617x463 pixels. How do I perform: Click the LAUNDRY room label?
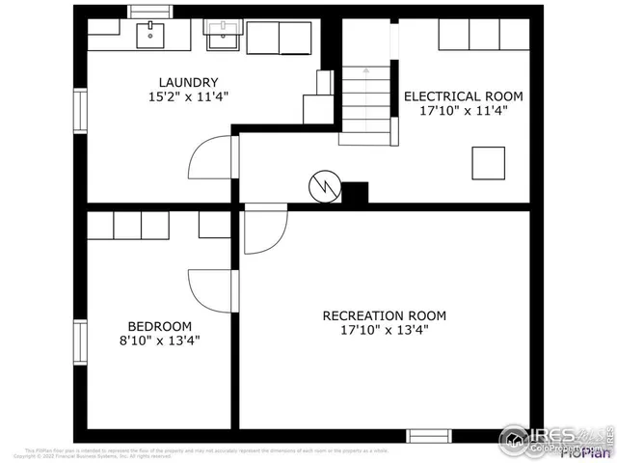(189, 82)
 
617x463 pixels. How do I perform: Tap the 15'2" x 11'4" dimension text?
(189, 96)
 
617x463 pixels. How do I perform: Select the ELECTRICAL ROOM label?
(463, 95)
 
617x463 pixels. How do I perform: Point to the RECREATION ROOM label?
(384, 315)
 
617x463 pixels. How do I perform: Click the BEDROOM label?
(159, 326)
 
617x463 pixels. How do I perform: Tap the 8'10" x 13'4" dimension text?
(159, 340)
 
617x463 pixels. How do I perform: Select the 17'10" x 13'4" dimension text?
(384, 330)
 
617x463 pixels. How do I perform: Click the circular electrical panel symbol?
(323, 186)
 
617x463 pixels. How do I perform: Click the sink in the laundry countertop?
(150, 35)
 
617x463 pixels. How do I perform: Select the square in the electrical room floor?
(488, 163)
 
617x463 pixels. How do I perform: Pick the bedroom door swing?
(210, 290)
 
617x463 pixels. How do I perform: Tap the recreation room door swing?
(265, 231)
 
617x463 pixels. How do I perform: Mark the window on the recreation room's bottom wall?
(429, 436)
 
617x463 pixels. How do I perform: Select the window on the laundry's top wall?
(149, 12)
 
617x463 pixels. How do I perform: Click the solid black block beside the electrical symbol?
(355, 192)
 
